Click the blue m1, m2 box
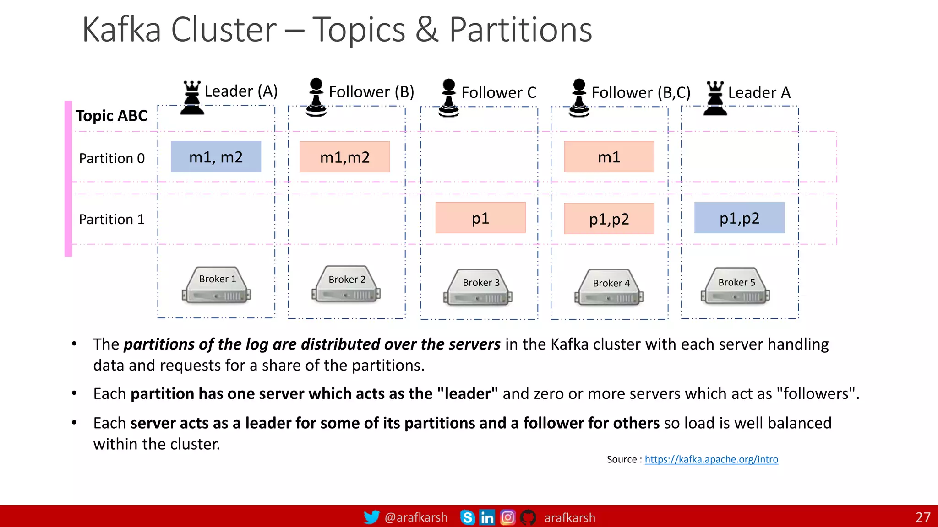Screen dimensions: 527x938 [216, 156]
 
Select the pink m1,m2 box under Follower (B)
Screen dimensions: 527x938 [344, 157]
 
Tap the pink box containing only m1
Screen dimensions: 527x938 [609, 157]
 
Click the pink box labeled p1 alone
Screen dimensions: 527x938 [480, 218]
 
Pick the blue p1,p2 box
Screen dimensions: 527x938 [739, 218]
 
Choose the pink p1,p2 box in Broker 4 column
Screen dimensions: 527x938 [609, 219]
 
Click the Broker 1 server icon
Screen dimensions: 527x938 [216, 285]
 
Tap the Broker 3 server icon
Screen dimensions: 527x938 [478, 287]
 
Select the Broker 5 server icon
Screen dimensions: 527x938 [735, 286]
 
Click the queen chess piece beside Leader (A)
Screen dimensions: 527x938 [192, 97]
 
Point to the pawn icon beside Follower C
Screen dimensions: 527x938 [448, 98]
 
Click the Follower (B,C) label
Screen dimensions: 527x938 [640, 92]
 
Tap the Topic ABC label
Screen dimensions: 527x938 [111, 116]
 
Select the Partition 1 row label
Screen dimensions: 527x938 [111, 219]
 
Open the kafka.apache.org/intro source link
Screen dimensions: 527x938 [711, 459]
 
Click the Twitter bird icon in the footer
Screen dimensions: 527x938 [371, 517]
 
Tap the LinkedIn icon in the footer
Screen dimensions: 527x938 [487, 517]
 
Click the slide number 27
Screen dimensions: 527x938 [922, 517]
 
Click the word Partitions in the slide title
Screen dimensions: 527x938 [520, 30]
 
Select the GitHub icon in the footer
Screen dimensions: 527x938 [528, 517]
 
